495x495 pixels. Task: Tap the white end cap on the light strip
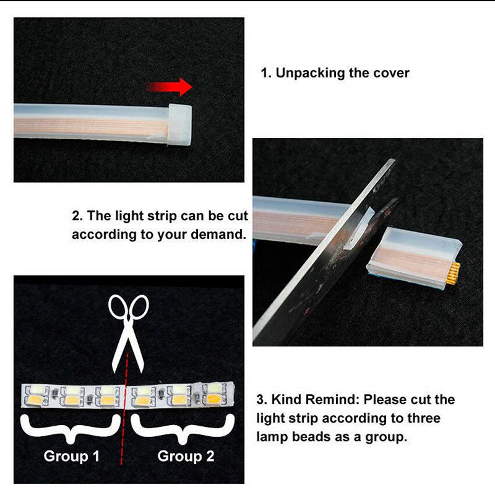tap(179, 125)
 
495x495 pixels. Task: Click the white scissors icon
tap(129, 334)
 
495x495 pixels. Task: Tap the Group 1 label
tap(72, 456)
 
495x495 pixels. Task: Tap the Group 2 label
tap(186, 456)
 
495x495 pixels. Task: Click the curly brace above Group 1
tap(71, 429)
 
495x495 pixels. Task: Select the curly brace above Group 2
tap(183, 429)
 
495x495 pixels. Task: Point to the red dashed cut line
tap(124, 409)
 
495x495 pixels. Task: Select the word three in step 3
tap(424, 418)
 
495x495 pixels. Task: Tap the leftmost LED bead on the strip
tap(37, 395)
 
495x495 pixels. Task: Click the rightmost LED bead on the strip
tap(214, 394)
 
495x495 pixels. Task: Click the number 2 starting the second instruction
tap(76, 216)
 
